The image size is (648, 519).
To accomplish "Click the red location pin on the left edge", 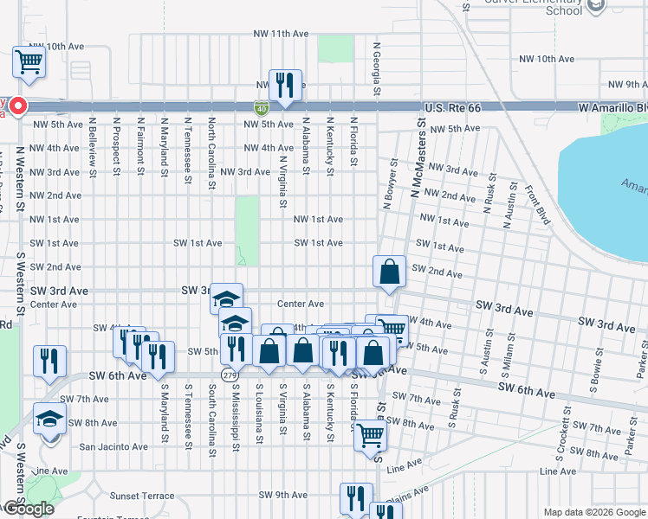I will (17, 107).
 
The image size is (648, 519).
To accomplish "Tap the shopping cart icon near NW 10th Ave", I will (29, 62).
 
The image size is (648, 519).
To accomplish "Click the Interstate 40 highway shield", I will (262, 108).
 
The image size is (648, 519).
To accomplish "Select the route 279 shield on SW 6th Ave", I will (229, 375).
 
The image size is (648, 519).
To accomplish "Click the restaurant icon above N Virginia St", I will (285, 85).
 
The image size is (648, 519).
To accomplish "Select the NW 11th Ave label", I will (282, 34).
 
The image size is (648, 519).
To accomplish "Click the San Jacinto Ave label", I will (113, 447).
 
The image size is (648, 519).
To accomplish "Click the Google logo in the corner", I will (28, 509).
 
